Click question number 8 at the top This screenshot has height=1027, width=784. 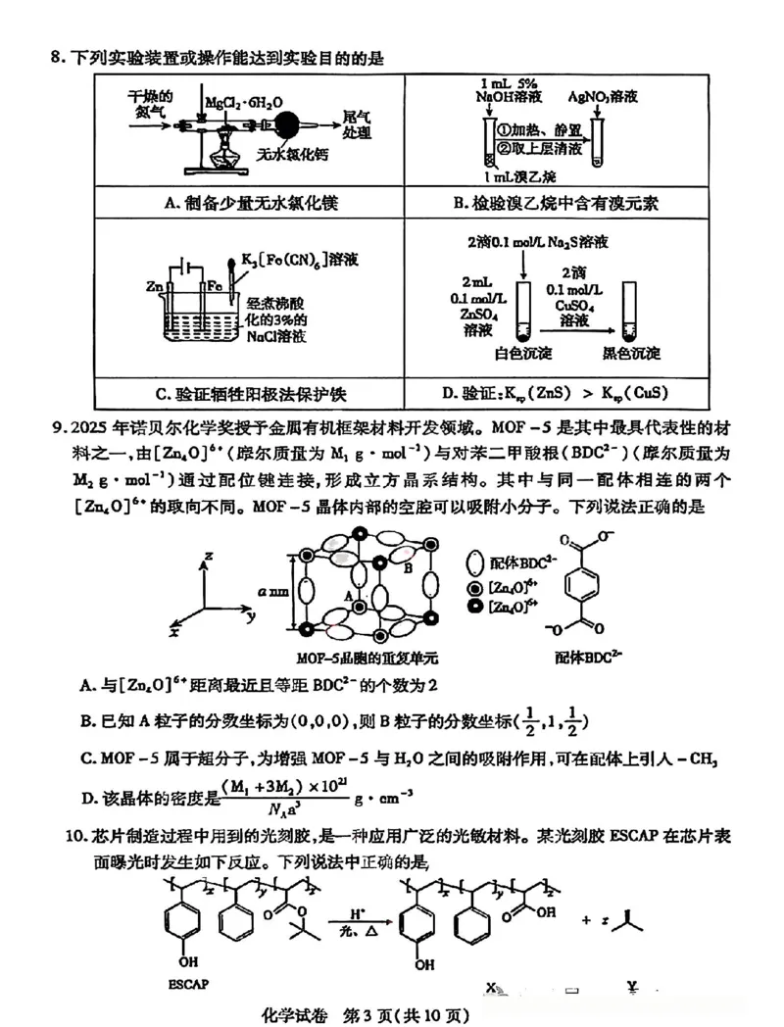click(56, 59)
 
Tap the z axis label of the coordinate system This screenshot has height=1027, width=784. click(208, 555)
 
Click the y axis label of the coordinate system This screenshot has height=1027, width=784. click(251, 616)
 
